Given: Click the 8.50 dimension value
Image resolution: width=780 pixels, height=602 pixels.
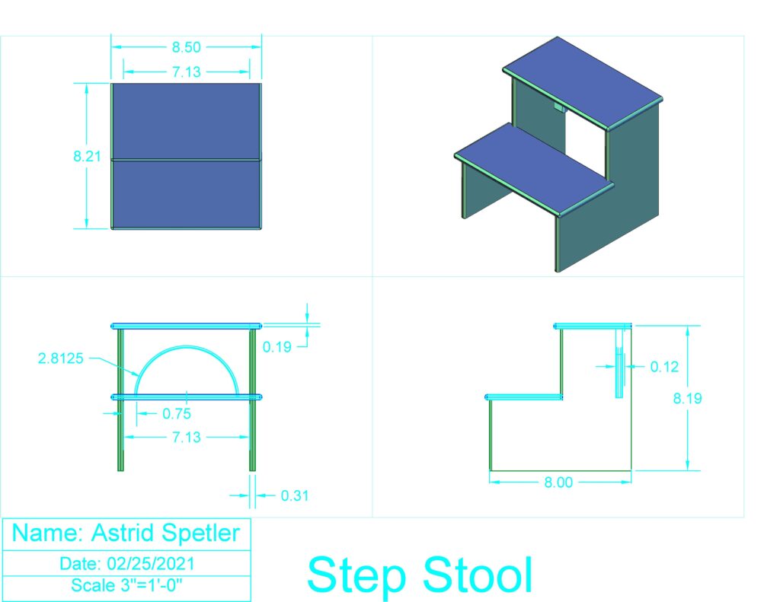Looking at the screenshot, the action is pos(186,47).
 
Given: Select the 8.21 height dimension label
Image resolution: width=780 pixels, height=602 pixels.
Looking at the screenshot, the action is pos(87,156).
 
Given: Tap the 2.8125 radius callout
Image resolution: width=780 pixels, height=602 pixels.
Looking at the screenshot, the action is pos(61,358).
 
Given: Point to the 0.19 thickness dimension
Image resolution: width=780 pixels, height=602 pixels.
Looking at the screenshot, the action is pos(277,347).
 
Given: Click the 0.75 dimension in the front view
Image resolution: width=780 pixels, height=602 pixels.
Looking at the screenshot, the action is pos(177,413).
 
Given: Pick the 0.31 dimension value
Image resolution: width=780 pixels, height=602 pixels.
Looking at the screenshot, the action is pos(295,495).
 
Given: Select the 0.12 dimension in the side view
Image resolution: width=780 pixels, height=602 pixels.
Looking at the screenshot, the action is pos(664,367).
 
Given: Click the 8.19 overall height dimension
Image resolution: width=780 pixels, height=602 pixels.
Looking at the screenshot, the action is pos(688,398).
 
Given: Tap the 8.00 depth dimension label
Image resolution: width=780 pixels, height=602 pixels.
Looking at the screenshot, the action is pos(558,483).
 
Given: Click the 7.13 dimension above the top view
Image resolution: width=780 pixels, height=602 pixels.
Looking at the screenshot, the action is pos(187,72).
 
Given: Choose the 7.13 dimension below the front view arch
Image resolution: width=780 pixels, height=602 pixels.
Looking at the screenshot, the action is pos(187,437).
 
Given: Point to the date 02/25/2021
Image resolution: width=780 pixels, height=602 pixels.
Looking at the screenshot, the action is pos(151,564).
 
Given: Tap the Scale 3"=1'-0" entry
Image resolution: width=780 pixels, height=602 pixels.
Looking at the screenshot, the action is pos(127,585).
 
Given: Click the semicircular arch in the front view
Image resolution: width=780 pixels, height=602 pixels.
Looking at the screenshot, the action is pos(187,347).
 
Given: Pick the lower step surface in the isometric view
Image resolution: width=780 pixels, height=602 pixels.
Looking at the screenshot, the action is pos(534,169).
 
